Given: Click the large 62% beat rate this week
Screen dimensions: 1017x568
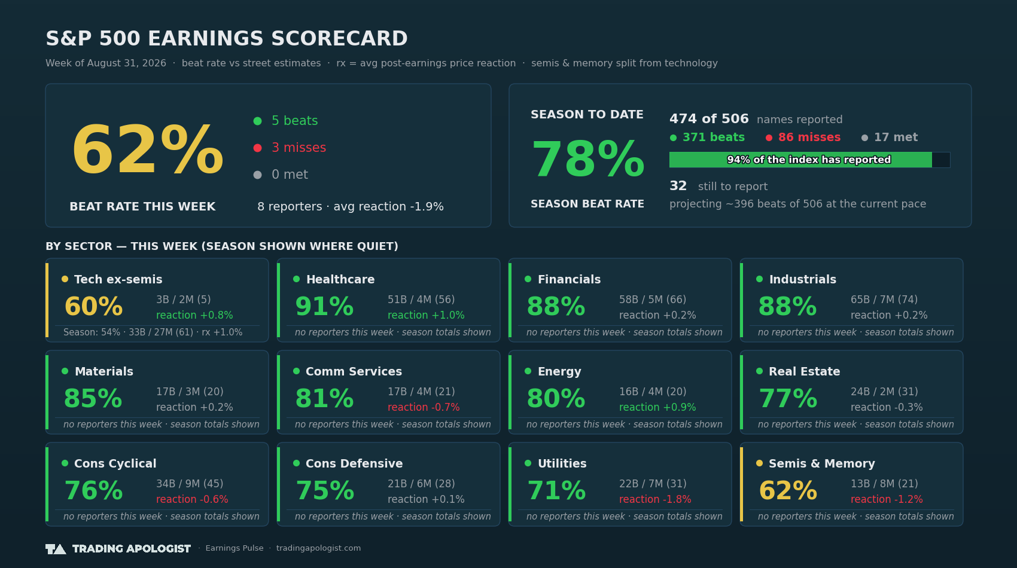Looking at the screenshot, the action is [148, 149].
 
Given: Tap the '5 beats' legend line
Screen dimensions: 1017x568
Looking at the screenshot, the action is [285, 121].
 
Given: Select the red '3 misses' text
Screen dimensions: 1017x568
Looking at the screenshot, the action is [299, 148].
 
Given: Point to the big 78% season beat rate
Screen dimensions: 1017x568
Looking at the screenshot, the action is [588, 159].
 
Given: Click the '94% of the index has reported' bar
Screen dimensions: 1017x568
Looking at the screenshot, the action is [809, 160].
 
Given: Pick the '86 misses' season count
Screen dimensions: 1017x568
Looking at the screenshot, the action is [809, 137].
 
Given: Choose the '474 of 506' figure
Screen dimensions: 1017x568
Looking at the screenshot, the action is [709, 119].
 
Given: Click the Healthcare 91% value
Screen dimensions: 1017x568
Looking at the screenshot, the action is [324, 306].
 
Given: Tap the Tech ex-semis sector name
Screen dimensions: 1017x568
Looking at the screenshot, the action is [118, 279].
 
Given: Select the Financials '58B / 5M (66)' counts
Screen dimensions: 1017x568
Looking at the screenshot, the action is [653, 300].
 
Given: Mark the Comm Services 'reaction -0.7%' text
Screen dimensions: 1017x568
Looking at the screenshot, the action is [424, 407].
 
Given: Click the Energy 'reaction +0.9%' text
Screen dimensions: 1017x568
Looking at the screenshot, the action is [657, 407].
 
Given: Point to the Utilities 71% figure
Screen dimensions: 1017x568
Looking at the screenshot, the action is [556, 490].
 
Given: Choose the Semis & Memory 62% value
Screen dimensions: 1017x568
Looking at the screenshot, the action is [788, 490].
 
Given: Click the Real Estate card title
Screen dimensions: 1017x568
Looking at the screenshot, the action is [804, 371].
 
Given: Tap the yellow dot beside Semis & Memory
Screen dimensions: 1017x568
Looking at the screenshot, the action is [759, 463].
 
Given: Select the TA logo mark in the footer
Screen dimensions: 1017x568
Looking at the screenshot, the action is [56, 549].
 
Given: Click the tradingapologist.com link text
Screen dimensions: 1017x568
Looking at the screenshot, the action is [318, 548].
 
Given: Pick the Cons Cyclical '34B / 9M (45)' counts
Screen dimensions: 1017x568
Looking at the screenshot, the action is [190, 484].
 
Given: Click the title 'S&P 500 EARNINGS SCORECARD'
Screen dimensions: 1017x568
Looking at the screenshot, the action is [227, 38].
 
